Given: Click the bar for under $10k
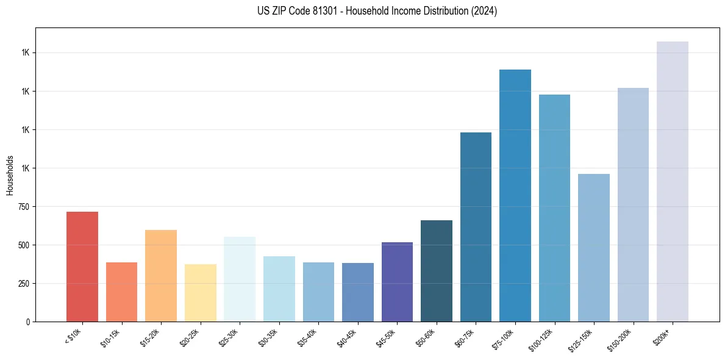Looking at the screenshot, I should coord(82,267).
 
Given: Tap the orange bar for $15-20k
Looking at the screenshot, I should coord(161,276).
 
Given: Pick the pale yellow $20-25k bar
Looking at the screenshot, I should coord(200,293).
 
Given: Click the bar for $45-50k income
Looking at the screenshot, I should coord(397,282).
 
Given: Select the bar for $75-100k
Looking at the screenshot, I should coord(515,195).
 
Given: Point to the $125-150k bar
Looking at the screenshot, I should coord(594,248).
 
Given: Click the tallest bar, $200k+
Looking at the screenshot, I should coord(673,181).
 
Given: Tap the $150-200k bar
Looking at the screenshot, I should coord(633,204).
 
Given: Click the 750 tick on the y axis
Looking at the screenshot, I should coord(24,207).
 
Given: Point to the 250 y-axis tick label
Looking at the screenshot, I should coord(24,284).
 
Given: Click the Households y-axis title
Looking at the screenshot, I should coord(10,175).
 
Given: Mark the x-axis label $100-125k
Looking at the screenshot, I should coord(543,340).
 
